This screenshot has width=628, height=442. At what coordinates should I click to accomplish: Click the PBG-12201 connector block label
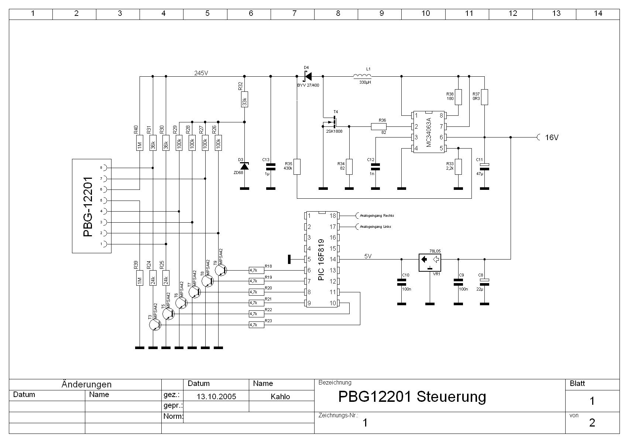(88, 206)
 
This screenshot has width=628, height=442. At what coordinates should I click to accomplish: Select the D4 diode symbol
(307, 76)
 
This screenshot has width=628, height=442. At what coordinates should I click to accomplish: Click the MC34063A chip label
(429, 132)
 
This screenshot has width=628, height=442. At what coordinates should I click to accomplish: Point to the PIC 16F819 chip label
(321, 260)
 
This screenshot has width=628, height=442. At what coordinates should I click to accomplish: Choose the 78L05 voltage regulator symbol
(430, 262)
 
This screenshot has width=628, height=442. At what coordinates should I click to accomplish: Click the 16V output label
(552, 138)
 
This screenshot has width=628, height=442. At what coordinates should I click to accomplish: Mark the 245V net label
(201, 73)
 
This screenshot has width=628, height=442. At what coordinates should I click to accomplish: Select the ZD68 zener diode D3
(244, 166)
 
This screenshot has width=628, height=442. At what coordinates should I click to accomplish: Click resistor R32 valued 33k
(244, 99)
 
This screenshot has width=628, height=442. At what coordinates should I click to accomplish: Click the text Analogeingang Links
(375, 227)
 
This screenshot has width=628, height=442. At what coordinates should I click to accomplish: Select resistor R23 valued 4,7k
(257, 325)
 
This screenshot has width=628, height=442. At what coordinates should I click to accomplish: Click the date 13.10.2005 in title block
(216, 397)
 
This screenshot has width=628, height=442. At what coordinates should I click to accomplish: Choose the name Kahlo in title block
(280, 397)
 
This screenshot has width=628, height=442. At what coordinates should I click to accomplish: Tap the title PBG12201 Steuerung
(412, 397)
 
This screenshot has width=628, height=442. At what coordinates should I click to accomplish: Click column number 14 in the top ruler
(598, 14)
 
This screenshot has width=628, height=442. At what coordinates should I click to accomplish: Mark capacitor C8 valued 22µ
(484, 282)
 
